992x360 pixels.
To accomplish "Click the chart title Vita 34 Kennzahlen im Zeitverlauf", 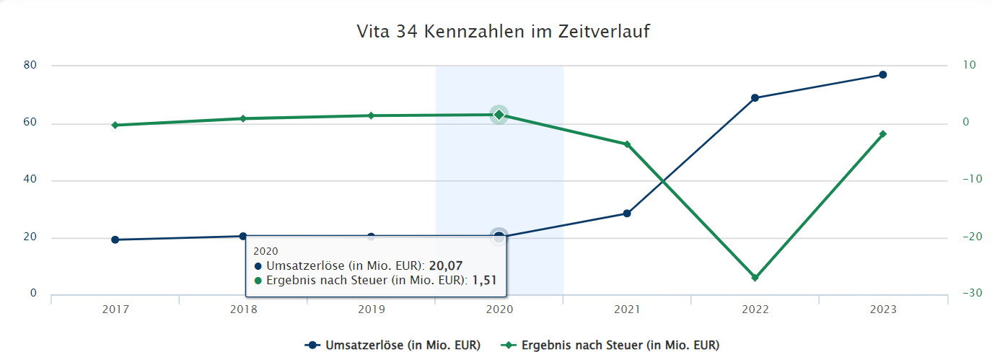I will (503, 32).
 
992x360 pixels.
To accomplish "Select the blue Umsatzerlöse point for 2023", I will (882, 75).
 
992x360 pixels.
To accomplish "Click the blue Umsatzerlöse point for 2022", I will (755, 97).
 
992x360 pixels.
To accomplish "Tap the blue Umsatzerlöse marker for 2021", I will (627, 214).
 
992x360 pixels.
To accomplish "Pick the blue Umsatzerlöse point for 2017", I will (115, 240).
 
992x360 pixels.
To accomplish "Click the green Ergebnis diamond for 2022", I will (755, 278).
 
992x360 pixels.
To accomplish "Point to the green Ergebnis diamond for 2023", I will (882, 134).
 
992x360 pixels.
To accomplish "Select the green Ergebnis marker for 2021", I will (627, 144).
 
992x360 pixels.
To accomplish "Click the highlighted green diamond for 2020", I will (499, 114).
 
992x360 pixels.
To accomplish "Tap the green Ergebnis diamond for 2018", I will (243, 118).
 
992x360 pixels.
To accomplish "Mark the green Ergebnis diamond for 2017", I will (115, 125).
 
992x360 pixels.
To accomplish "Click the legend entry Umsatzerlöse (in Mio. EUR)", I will (393, 345).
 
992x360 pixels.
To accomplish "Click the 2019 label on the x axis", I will (371, 309).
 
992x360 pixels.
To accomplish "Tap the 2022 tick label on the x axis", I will (755, 309).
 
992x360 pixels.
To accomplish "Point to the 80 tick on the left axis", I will (30, 65).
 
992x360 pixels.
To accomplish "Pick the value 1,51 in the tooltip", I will (485, 280).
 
